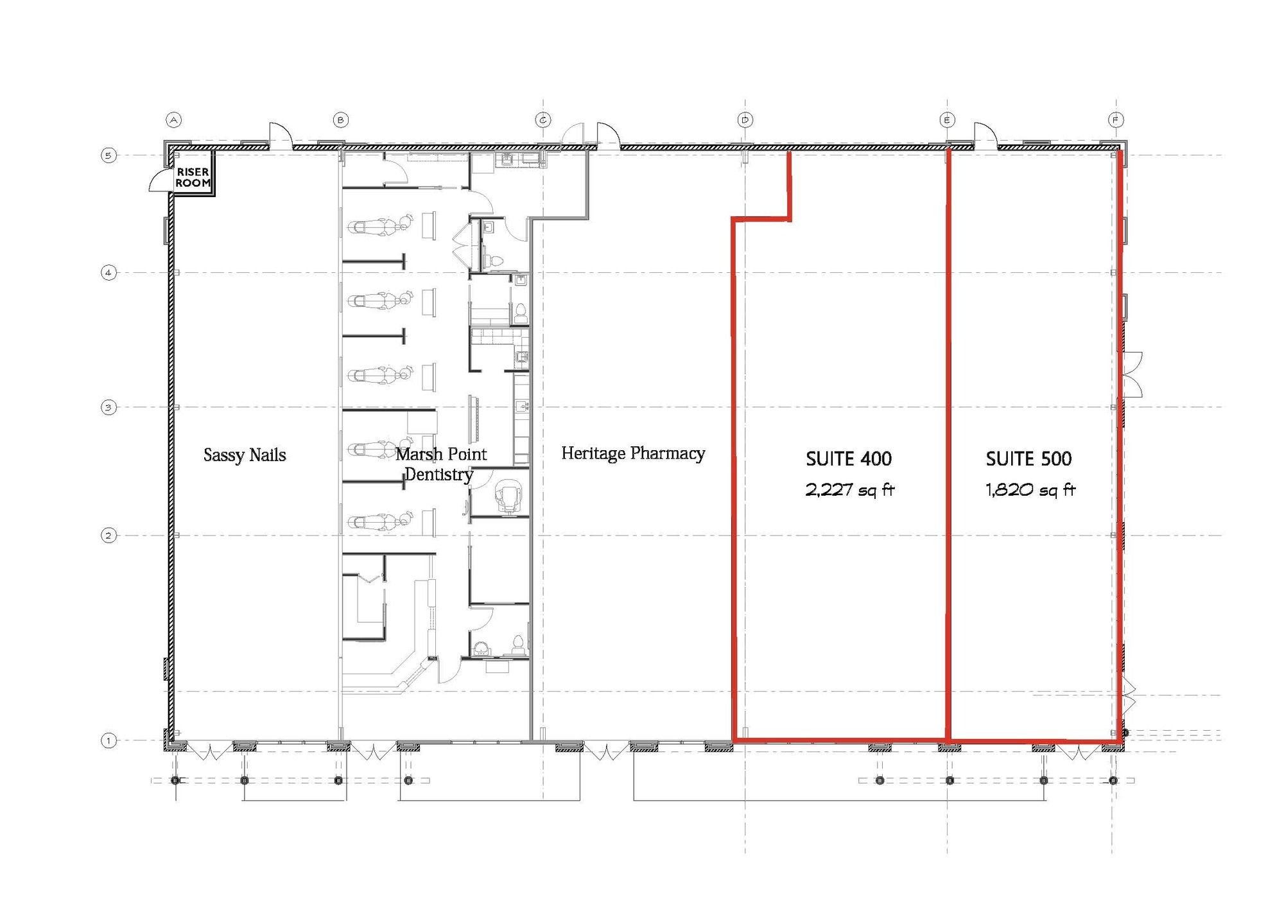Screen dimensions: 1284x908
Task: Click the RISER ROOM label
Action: tap(193, 177)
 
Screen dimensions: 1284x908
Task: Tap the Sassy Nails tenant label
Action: tap(245, 455)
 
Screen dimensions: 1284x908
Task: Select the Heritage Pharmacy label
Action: tap(633, 453)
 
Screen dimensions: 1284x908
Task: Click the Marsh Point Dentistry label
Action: tap(440, 464)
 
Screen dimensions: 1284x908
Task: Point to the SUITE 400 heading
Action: tap(849, 458)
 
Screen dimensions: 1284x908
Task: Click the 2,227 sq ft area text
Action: tap(850, 490)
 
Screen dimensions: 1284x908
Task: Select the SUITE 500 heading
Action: tap(1028, 458)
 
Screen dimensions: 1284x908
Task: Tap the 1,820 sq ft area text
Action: tap(1030, 490)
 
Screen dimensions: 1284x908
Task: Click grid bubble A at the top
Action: tap(173, 119)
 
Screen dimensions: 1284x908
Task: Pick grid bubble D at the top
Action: tap(745, 119)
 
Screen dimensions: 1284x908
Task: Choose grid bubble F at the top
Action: tap(1116, 119)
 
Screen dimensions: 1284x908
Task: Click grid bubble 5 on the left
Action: tap(108, 155)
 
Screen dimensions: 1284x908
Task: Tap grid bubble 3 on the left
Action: tap(108, 407)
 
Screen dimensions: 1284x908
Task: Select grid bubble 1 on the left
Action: tap(108, 740)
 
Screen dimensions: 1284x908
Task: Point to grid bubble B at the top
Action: tap(340, 119)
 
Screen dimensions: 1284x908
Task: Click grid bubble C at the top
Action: tap(543, 119)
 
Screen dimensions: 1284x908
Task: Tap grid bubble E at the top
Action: tap(947, 119)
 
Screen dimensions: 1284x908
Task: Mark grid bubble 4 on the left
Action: tap(108, 272)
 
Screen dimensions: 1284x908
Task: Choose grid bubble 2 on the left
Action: tap(108, 535)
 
